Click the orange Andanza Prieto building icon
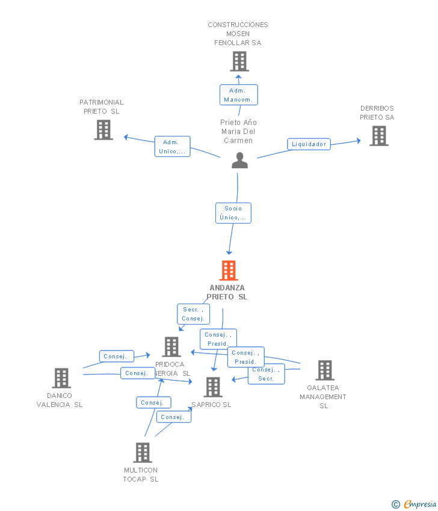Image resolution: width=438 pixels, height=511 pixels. [229, 271]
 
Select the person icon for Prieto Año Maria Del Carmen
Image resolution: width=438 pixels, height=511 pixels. [239, 161]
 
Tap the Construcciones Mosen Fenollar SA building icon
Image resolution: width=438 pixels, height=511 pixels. [239, 61]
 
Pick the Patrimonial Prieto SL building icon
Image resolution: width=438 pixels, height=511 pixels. [103, 130]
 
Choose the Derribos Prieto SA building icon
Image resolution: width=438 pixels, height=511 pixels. [378, 136]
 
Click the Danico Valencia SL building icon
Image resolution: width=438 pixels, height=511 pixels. [61, 378]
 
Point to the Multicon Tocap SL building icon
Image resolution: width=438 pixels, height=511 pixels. [142, 453]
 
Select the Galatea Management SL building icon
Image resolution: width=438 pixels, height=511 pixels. [324, 370]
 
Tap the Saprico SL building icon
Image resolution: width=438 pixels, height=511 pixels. [213, 387]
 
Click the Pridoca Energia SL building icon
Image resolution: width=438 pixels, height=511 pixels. [171, 347]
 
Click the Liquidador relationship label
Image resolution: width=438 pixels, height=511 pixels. [309, 144]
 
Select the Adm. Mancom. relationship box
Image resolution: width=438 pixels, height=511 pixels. [238, 95]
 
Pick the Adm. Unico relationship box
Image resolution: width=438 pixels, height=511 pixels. [173, 147]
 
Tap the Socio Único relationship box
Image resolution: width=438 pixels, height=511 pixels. [233, 213]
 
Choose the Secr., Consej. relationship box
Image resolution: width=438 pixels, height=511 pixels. [193, 314]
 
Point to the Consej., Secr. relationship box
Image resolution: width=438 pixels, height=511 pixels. [266, 374]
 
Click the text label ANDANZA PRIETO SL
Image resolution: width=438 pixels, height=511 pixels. [227, 292]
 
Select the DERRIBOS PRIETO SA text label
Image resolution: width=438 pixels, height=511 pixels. [377, 113]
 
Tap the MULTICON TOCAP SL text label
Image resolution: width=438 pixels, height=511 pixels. [141, 474]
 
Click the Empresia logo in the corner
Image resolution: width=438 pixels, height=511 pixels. [415, 504]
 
